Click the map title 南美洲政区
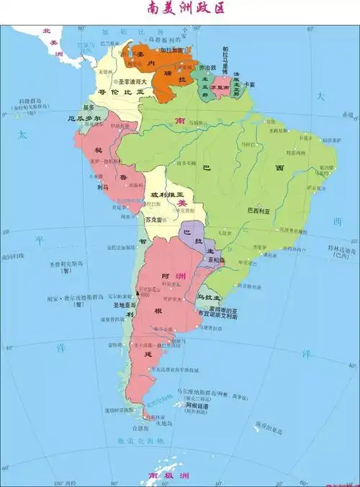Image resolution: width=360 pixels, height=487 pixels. pyautogui.click(x=180, y=9)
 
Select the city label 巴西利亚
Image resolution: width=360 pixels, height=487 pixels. pyautogui.click(x=258, y=211)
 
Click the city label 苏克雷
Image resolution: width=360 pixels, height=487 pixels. pyautogui.click(x=154, y=218)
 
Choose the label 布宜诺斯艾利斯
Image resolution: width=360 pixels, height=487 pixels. pyautogui.click(x=213, y=313)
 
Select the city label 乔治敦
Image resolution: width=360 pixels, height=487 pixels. pyautogui.click(x=207, y=67)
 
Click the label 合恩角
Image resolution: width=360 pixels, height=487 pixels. pyautogui.click(x=140, y=428)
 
